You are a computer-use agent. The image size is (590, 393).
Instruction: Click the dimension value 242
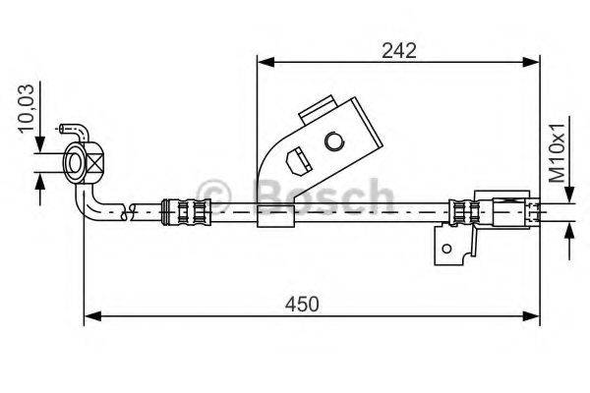398,50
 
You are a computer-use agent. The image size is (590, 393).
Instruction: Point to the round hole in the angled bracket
333,144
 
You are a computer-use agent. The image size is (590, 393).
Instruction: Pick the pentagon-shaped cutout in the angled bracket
293,157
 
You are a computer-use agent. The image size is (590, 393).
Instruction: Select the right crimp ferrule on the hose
463,209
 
